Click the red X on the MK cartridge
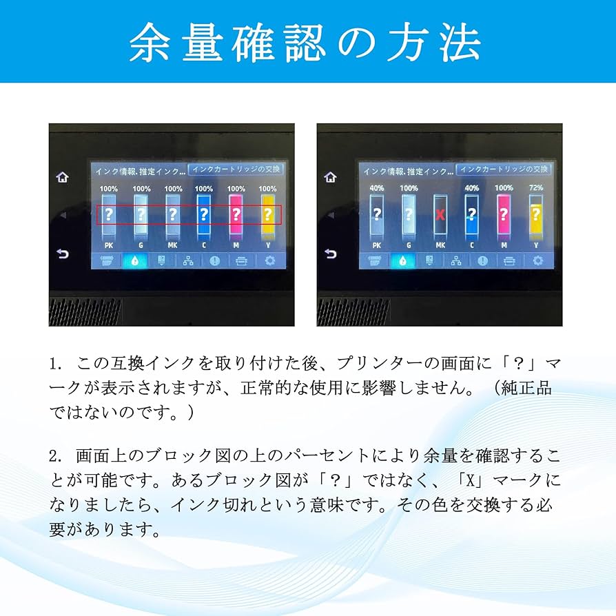[440, 214]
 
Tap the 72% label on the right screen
[537, 188]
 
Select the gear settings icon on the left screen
[269, 260]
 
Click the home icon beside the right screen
[331, 177]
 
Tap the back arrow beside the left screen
[63, 254]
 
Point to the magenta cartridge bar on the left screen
[236, 214]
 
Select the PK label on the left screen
[109, 244]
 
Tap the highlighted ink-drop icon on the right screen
[402, 261]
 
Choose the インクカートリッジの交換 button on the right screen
[504, 169]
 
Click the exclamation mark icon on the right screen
[483, 261]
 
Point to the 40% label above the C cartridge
[472, 188]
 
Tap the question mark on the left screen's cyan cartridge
[205, 214]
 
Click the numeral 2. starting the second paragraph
[57, 456]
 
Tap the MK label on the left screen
[172, 244]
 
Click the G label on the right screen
[409, 245]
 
